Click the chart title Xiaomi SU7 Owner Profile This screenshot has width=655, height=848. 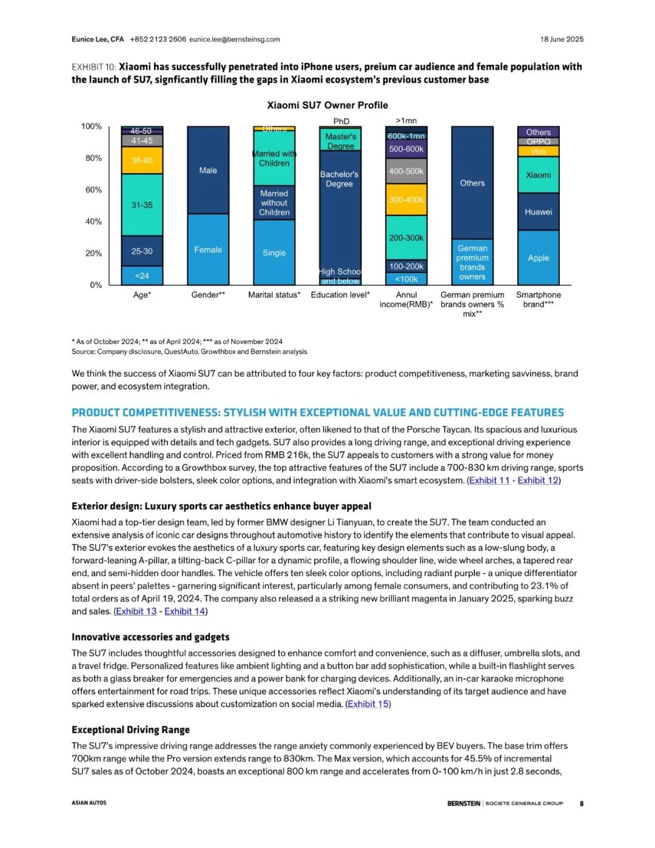coord(327,105)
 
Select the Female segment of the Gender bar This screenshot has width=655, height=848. coord(208,249)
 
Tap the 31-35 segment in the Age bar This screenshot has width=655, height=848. coord(142,205)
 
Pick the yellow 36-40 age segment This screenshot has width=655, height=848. coord(142,160)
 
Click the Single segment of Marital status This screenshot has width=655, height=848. coord(274,253)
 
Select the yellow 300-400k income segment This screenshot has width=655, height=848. coord(406,200)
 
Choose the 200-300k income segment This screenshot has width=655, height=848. coord(406,238)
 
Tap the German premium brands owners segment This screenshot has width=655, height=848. coord(472,262)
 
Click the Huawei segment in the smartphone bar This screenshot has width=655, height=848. coord(539,212)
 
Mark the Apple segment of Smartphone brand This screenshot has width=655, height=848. coord(539,258)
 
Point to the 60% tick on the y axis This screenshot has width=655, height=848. coord(93,190)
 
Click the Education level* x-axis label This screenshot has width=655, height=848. coord(340,295)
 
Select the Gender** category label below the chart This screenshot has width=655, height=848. coord(208,295)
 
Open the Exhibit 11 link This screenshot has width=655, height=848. coord(489,480)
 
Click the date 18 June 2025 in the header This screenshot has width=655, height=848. coord(562,39)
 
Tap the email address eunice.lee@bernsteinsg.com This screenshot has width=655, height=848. coord(235,39)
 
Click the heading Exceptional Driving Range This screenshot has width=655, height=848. coord(130,730)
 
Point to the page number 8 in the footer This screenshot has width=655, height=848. coord(581,804)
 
